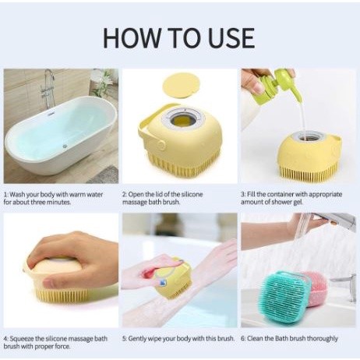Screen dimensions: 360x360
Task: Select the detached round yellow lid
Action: pyautogui.click(x=180, y=86)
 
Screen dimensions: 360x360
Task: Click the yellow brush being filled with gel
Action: pyautogui.click(x=309, y=157)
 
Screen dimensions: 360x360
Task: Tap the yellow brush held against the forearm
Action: pyautogui.click(x=173, y=279)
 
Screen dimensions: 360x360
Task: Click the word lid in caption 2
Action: pyautogui.click(x=158, y=194)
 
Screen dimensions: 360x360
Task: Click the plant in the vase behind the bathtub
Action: pyautogui.click(x=104, y=80)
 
